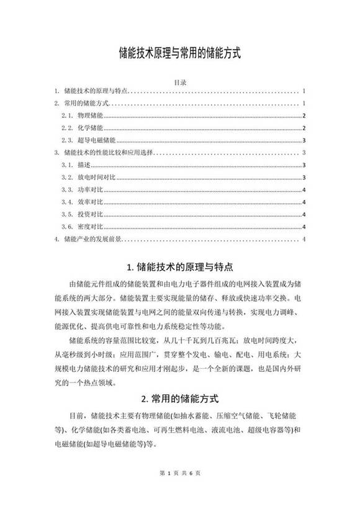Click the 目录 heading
pyautogui.click(x=179, y=81)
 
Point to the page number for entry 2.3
pyautogui.click(x=303, y=140)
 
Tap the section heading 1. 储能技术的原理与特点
pyautogui.click(x=179, y=268)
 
